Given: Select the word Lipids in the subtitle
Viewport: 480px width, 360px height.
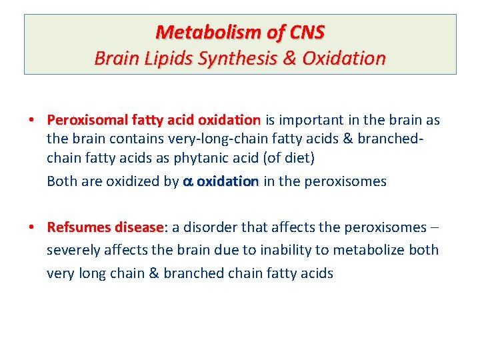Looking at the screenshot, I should coord(157,59).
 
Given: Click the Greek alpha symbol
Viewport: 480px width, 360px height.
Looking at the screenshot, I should coord(187,182).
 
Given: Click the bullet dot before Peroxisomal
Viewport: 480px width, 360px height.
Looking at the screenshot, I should coord(31,121).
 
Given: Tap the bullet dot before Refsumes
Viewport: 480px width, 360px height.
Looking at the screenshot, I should coord(31,227).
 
